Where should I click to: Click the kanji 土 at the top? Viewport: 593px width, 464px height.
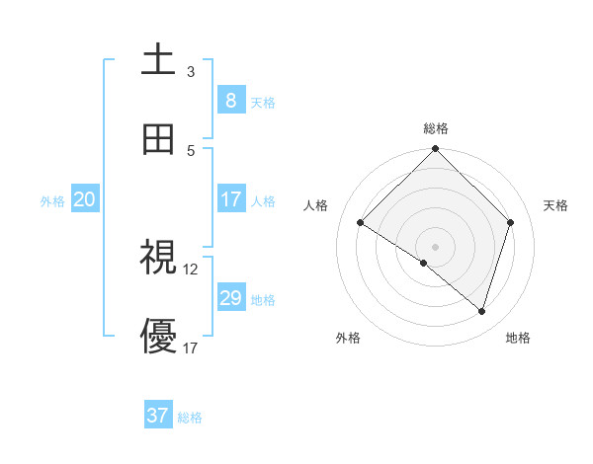pos(158,59)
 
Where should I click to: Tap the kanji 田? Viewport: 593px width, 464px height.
pos(158,139)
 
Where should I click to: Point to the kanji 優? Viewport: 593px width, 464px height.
pos(158,337)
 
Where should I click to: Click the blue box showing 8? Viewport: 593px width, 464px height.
pos(230,101)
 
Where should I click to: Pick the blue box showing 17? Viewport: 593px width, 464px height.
pos(230,199)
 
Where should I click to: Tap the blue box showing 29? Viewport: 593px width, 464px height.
pos(230,298)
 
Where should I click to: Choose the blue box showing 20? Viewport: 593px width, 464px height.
pos(84,199)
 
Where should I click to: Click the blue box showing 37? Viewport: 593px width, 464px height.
pos(157,416)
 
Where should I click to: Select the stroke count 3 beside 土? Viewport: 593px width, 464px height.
pos(191,72)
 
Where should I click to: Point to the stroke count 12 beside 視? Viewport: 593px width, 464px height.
pos(191,269)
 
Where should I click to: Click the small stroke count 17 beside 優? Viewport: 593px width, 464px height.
pos(191,348)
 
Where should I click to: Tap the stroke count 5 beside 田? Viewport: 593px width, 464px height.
pos(191,151)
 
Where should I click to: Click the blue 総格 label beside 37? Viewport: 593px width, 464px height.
pos(190,418)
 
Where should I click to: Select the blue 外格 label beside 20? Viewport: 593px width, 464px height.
pos(52,201)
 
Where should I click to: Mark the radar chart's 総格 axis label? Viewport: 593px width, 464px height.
pos(436,128)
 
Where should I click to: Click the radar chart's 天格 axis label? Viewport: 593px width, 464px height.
pos(556,205)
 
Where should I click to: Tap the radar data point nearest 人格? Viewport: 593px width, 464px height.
pos(361,223)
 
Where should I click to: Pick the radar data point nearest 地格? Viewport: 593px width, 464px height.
pos(481,311)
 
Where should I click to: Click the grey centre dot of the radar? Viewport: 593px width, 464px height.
pos(436,246)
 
